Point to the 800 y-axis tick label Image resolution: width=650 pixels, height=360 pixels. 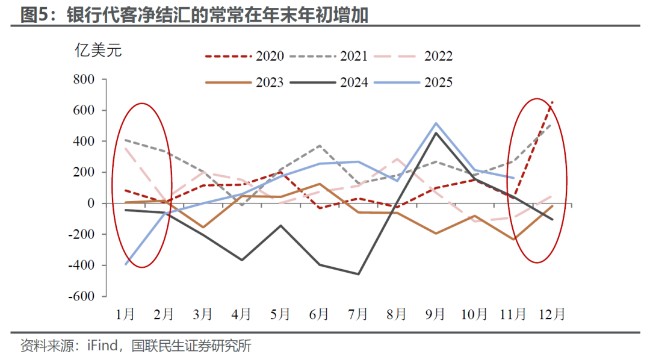(x=84, y=79)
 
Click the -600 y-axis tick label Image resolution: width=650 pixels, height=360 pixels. (x=82, y=296)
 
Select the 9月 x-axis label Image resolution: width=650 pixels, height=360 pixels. (x=435, y=314)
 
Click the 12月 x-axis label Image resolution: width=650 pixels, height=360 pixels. (x=551, y=314)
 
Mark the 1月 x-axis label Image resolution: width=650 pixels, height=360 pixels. (x=126, y=314)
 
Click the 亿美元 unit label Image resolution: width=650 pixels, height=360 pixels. (x=98, y=50)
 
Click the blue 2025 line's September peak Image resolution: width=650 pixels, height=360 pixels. (x=436, y=123)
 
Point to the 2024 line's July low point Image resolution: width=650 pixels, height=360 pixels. (x=358, y=274)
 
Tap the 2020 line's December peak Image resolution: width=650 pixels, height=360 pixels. (x=552, y=102)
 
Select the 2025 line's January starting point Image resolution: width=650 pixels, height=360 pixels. (x=126, y=264)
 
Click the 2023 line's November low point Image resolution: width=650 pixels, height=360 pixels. (x=513, y=240)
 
